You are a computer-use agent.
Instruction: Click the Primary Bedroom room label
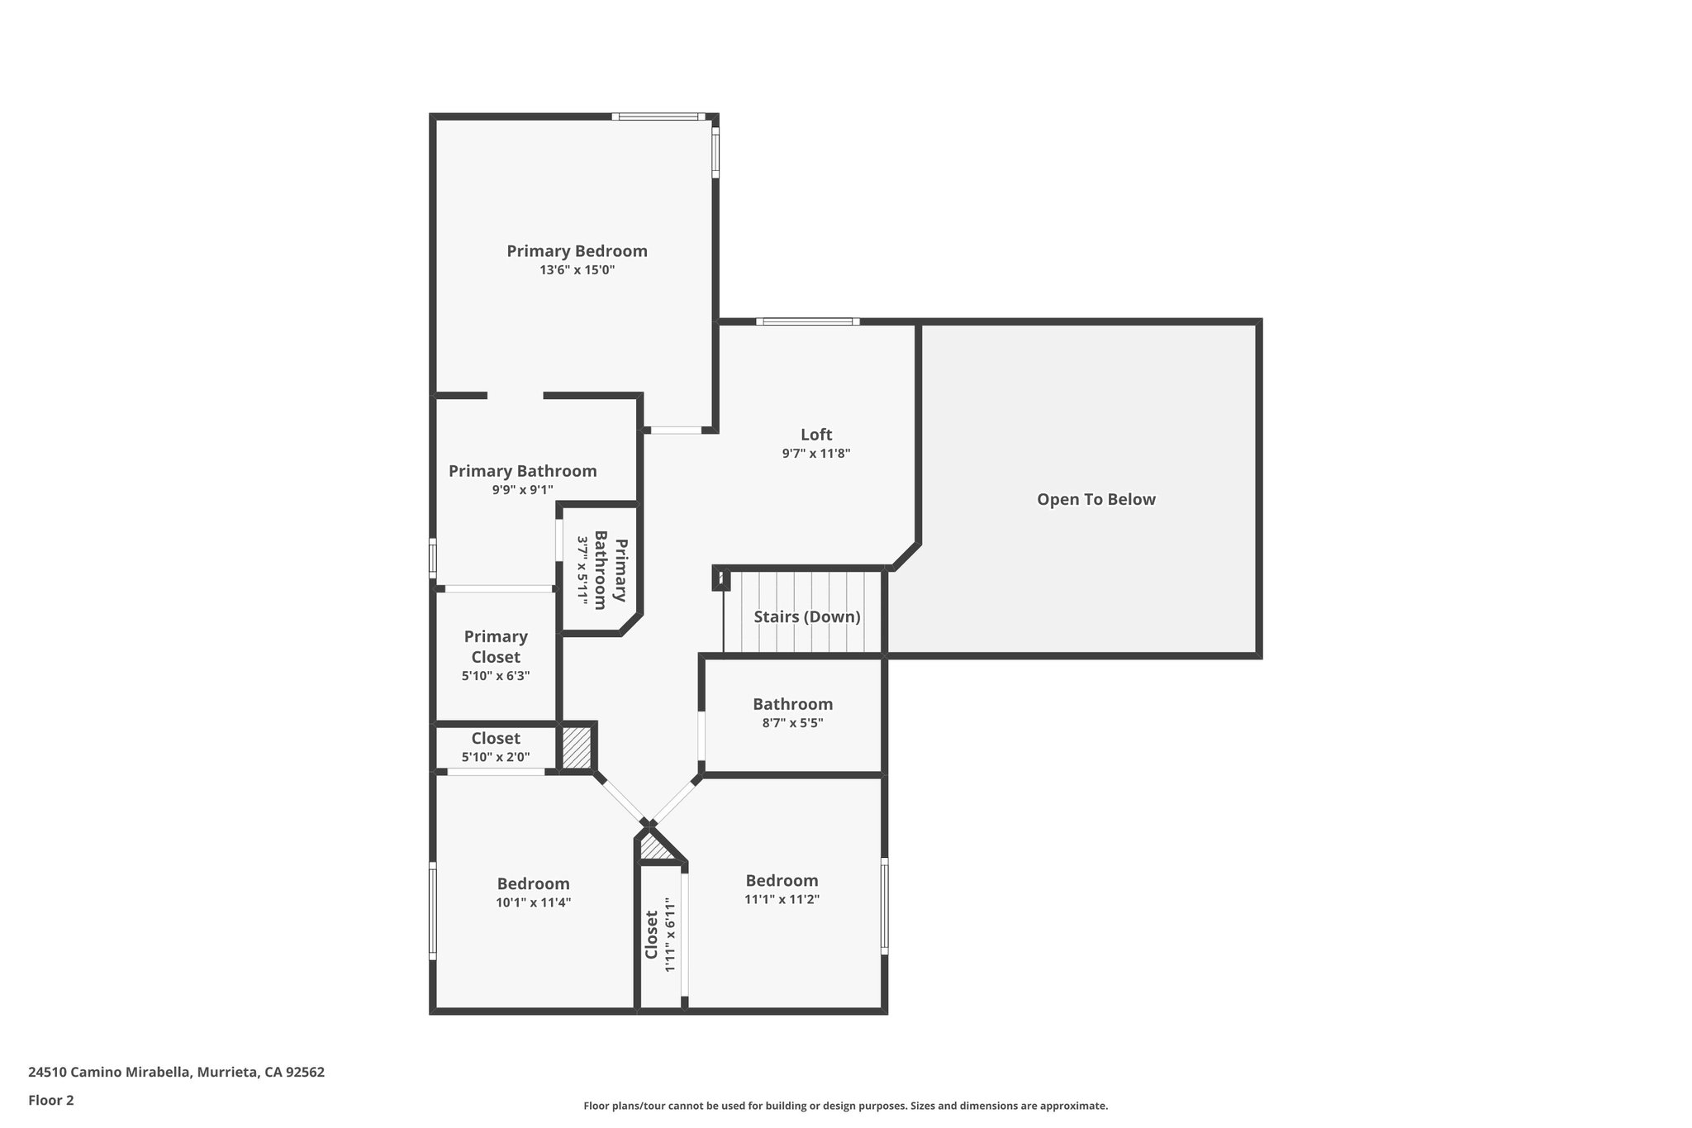point(577,251)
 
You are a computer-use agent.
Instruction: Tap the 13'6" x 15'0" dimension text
point(577,270)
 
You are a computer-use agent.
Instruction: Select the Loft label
point(816,435)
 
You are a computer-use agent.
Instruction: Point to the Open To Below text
point(1096,499)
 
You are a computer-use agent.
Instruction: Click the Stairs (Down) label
point(807,617)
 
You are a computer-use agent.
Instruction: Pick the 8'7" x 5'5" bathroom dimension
point(792,723)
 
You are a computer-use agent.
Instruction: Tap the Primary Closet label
point(496,646)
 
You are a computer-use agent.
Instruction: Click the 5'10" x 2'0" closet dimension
point(496,757)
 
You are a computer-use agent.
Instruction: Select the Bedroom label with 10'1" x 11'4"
point(533,884)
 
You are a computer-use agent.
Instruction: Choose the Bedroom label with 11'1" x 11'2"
point(782,881)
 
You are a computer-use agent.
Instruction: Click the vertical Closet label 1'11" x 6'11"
point(651,935)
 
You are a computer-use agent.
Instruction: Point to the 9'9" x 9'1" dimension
point(522,490)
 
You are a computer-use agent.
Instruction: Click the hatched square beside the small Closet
point(577,747)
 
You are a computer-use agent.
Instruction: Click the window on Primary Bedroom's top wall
point(658,117)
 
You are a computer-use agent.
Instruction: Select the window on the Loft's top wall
point(807,321)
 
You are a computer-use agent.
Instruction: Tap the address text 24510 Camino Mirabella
point(176,1072)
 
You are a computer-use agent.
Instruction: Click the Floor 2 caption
point(51,1100)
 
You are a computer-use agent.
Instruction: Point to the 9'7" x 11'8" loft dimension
point(816,454)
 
